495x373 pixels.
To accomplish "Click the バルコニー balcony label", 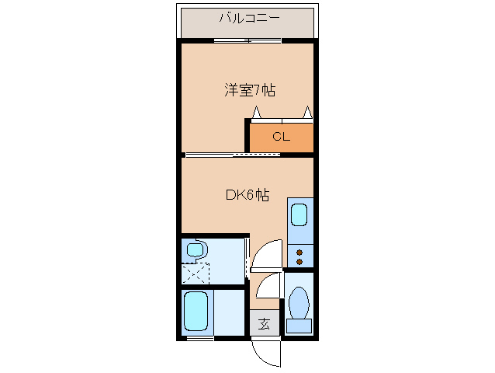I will coord(249,17).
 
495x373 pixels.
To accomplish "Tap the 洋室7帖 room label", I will coord(249,90).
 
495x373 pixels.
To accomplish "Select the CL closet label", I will coord(280,138).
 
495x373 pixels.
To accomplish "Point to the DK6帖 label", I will coord(247,196).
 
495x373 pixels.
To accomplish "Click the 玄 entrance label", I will coord(264,324).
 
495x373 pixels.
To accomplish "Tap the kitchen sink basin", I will coord(299,218).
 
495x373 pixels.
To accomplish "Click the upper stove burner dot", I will coord(299,251).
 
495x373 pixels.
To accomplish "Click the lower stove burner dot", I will coord(299,262).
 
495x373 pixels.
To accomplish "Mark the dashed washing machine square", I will coord(196,275).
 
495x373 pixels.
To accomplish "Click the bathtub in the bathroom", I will coord(196,312).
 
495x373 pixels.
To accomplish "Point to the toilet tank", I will coord(299,326).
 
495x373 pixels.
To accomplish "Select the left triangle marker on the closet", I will coord(255,113).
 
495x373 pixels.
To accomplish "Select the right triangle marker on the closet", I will coord(308,113).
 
